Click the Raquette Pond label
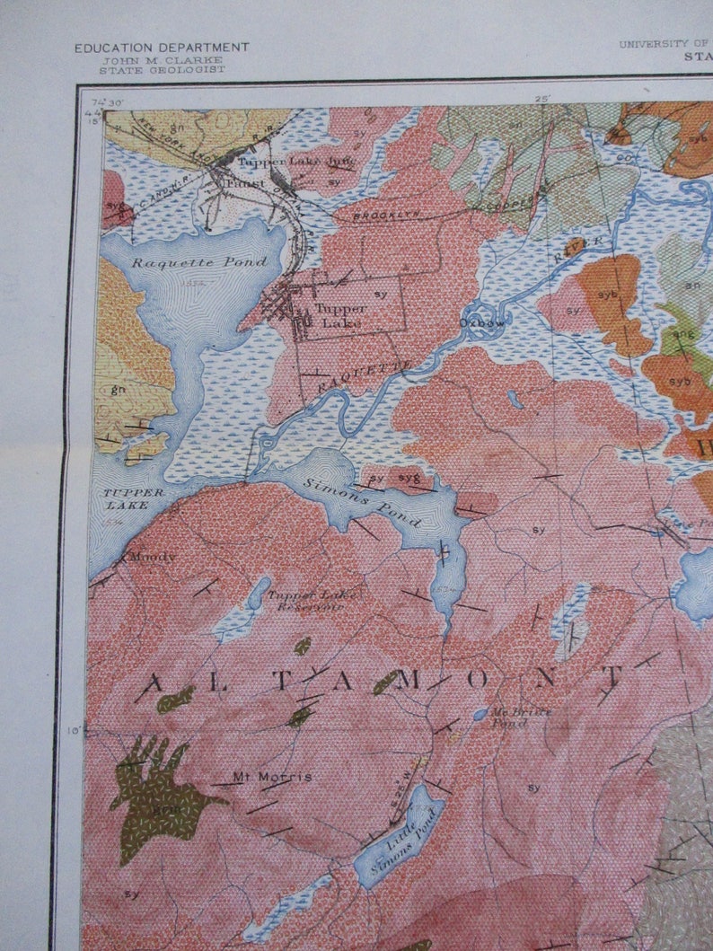(199, 262)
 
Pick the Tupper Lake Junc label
(296, 162)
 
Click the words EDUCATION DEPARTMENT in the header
(162, 48)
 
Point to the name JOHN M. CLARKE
(162, 59)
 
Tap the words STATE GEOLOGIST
(162, 70)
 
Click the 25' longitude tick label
(541, 99)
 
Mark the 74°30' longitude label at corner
(106, 105)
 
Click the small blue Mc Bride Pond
(480, 714)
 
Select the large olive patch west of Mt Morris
(157, 795)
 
